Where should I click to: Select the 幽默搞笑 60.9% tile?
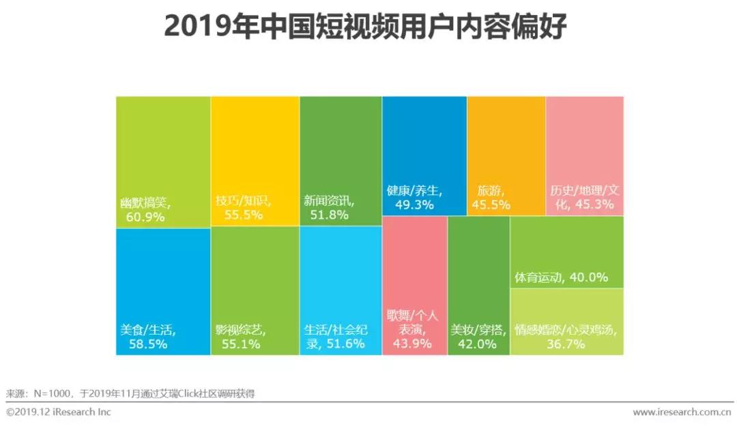[163, 162]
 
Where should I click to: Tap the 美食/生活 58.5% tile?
[163, 291]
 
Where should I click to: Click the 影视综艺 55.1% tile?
[255, 291]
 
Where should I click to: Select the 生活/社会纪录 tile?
[341, 291]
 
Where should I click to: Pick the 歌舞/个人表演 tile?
[414, 286]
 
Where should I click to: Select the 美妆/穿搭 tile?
[478, 286]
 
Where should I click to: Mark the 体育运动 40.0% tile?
[566, 252]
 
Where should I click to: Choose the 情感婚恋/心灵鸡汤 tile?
[566, 322]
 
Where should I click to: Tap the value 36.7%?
[566, 344]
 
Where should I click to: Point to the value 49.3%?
[407, 204]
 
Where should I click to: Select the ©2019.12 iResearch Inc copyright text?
[58, 412]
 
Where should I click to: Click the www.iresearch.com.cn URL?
[681, 412]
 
